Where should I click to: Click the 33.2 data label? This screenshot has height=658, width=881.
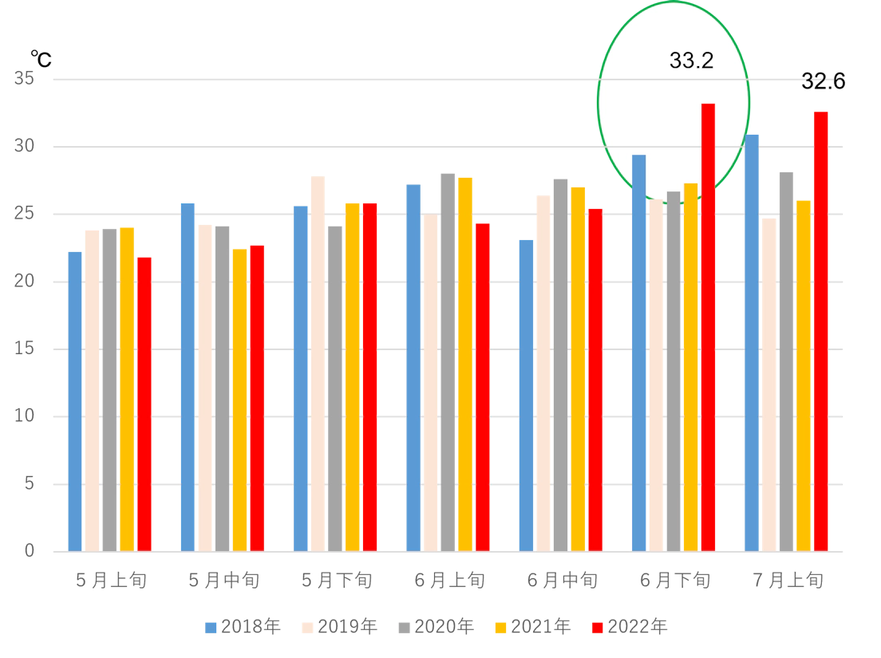691,61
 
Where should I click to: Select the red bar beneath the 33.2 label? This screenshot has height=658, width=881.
708,327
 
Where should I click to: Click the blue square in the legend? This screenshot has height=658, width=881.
211,628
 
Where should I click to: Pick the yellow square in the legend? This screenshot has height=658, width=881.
501,628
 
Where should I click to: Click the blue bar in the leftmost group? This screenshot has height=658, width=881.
74,399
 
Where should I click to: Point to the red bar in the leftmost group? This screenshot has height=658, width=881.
144,403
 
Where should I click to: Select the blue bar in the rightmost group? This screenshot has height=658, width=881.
751,343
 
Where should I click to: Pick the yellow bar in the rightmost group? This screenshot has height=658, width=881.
804,375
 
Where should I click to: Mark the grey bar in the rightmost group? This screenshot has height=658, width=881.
788,359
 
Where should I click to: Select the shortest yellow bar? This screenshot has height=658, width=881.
239,399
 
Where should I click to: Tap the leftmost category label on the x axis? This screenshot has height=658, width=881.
113,580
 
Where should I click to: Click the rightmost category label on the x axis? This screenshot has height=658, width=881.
786,580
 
